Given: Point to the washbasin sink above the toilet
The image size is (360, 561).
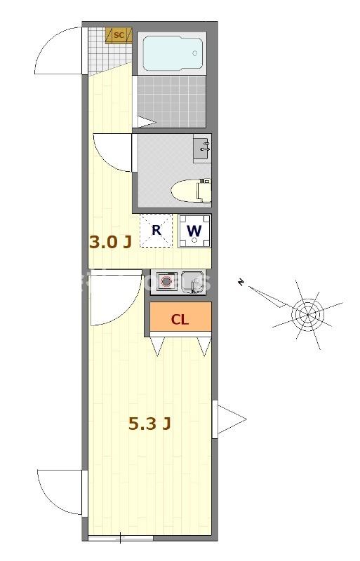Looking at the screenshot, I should (x=202, y=148).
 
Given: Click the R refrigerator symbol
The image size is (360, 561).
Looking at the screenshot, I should (x=156, y=230).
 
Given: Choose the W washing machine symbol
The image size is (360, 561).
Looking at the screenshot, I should (x=194, y=230).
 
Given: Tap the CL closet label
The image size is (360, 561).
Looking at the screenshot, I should (x=180, y=320).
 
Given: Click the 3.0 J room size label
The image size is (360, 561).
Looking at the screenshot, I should (x=110, y=243).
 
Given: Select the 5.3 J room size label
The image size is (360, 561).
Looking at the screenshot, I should (x=150, y=424).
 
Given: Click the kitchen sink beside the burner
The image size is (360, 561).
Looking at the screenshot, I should (x=192, y=281).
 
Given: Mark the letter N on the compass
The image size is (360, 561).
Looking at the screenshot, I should (x=241, y=283).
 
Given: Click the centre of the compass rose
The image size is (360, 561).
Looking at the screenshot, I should (x=307, y=313).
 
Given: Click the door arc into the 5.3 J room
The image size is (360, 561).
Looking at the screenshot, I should (x=112, y=300).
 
